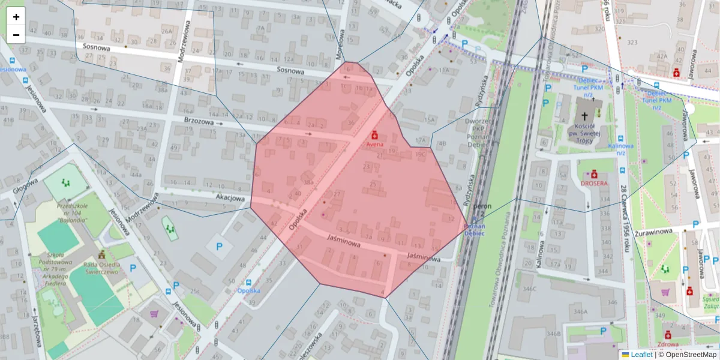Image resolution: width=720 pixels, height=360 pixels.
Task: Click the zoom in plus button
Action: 16,17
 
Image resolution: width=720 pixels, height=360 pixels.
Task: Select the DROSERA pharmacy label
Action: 593,183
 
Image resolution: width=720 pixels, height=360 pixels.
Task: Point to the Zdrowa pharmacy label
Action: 667,344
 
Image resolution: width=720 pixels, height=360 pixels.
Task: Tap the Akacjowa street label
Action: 230,197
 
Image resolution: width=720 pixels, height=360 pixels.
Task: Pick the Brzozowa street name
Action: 200,121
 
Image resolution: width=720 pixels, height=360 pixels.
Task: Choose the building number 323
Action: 632,42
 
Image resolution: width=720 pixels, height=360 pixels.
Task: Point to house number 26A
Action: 166,31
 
